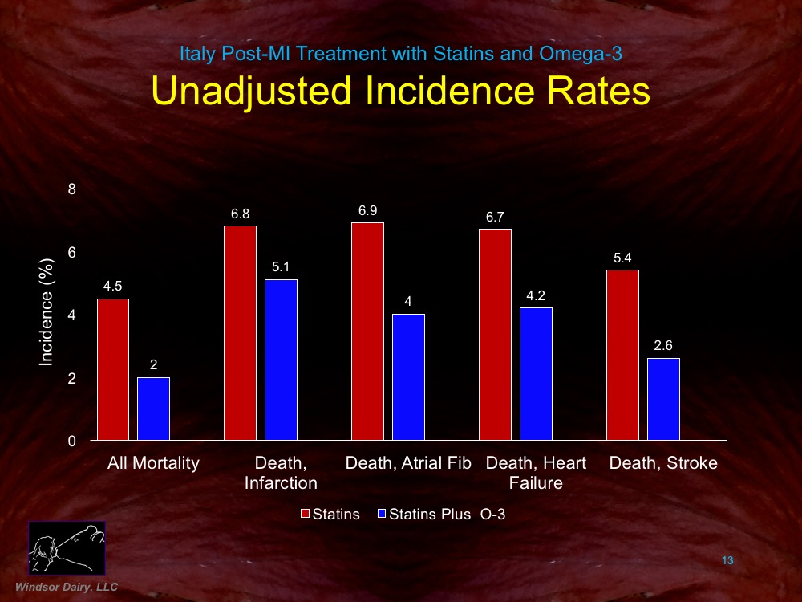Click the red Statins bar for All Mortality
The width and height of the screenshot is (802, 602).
(x=112, y=369)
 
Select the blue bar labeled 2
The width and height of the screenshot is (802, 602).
(x=153, y=409)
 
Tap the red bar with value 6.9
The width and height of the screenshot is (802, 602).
(x=367, y=331)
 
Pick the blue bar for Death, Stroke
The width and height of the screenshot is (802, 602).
(x=663, y=399)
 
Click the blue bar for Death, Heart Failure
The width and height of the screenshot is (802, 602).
(x=536, y=373)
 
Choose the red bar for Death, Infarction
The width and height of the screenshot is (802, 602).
(x=240, y=332)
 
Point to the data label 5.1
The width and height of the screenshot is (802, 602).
(x=281, y=267)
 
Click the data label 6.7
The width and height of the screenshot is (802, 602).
(x=495, y=217)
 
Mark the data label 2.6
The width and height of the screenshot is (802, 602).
(x=663, y=346)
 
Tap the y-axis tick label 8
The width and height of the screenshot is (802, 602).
(x=71, y=189)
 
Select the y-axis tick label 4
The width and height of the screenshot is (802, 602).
(x=71, y=315)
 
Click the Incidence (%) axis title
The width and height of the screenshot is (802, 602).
(x=47, y=315)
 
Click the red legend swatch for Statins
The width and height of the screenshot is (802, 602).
(x=305, y=515)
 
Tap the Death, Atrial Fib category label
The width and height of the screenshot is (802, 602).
(x=408, y=463)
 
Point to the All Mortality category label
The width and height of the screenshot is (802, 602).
(x=153, y=463)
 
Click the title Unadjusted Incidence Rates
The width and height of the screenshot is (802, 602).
(x=400, y=91)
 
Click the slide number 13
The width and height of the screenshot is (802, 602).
(x=727, y=560)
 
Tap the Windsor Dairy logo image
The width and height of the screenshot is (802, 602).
(x=67, y=547)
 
